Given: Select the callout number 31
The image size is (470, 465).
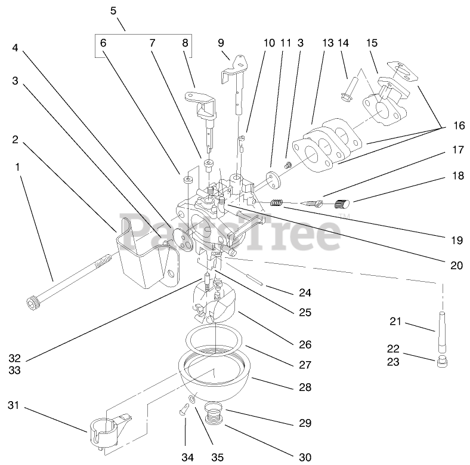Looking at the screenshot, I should [x=14, y=406].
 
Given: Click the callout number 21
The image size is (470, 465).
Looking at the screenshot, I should [x=394, y=323].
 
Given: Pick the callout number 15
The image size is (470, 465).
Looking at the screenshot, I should [x=372, y=44].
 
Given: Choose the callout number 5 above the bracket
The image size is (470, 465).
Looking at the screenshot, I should [x=114, y=11].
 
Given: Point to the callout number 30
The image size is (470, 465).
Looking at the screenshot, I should [x=305, y=458].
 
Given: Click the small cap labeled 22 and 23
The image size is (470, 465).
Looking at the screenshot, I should [x=441, y=361].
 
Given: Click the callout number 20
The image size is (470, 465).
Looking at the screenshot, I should [x=456, y=266].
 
